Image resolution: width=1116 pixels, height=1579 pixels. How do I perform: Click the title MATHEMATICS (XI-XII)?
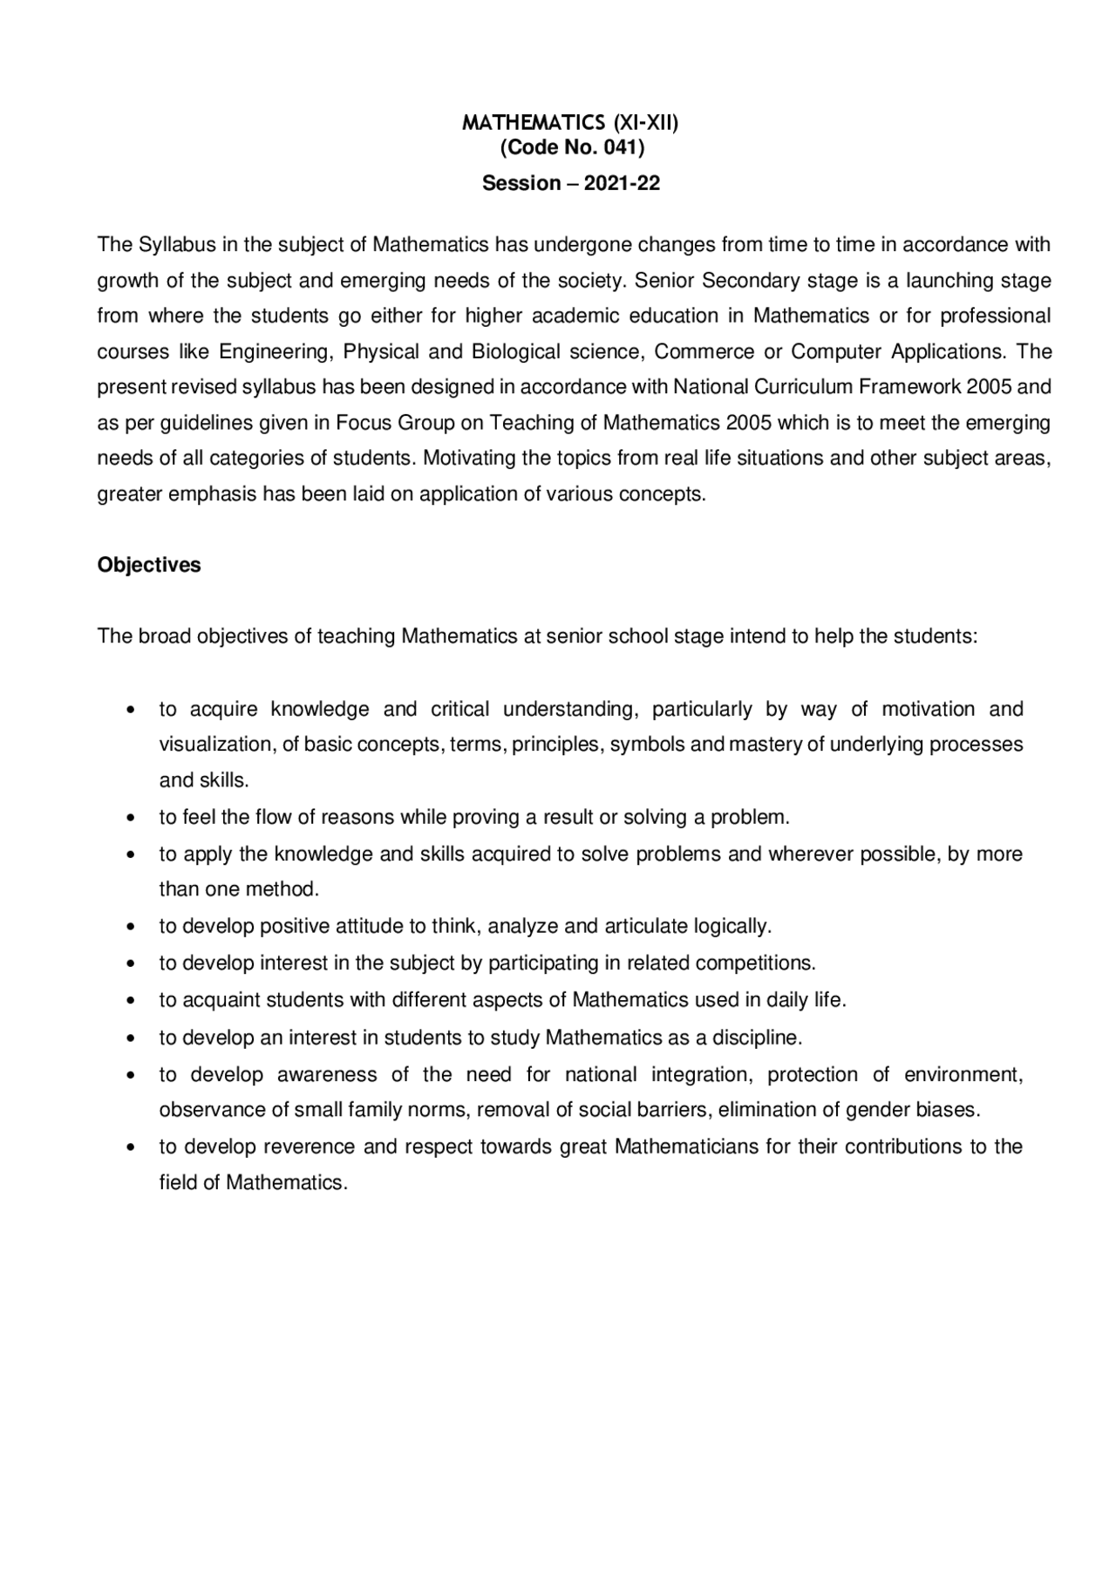pyautogui.click(x=570, y=123)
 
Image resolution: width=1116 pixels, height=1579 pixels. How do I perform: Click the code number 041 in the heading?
pyautogui.click(x=621, y=147)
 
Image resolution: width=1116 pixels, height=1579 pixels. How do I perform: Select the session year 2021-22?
pyautogui.click(x=622, y=183)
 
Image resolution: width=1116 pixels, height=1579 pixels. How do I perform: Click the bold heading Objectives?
pyautogui.click(x=149, y=565)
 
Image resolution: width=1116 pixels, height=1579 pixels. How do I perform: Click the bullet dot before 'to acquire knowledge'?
pyautogui.click(x=130, y=710)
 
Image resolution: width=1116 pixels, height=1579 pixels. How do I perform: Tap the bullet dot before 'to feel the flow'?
pyautogui.click(x=130, y=818)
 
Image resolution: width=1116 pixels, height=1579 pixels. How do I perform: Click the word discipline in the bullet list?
pyautogui.click(x=757, y=1038)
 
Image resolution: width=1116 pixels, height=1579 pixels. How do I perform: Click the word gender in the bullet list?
pyautogui.click(x=876, y=1110)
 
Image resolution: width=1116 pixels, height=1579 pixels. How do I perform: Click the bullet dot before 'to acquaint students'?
pyautogui.click(x=130, y=1001)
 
